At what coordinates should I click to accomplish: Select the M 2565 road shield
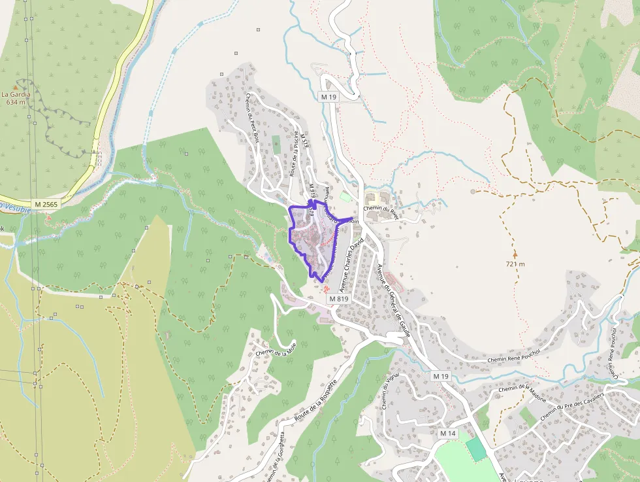(46, 205)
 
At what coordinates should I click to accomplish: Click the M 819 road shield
(339, 299)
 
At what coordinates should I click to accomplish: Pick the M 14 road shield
(447, 434)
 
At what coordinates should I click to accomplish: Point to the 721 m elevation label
(515, 264)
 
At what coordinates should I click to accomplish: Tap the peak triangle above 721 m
(515, 254)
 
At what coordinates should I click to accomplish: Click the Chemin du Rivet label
(381, 209)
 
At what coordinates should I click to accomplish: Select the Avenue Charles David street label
(349, 265)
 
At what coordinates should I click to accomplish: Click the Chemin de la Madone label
(522, 390)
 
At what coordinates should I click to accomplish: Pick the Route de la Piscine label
(295, 154)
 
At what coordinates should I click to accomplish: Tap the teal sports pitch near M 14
(476, 449)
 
